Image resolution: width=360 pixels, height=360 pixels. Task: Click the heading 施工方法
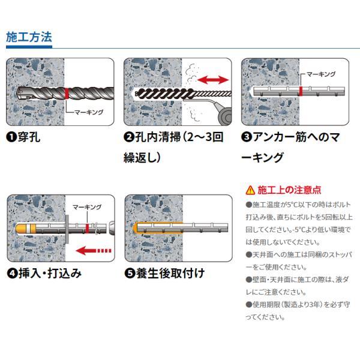29,37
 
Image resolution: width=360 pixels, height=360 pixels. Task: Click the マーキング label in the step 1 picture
88,112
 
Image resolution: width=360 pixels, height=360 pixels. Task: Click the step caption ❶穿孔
23,137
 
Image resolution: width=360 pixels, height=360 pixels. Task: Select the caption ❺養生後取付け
164,274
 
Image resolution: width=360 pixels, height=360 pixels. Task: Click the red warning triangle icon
250,191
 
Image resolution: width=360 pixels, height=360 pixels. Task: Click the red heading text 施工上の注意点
289,191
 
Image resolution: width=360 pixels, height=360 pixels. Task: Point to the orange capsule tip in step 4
22,229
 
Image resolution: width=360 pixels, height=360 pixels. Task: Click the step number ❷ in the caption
128,137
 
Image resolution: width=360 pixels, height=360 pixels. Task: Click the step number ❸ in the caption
246,137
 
